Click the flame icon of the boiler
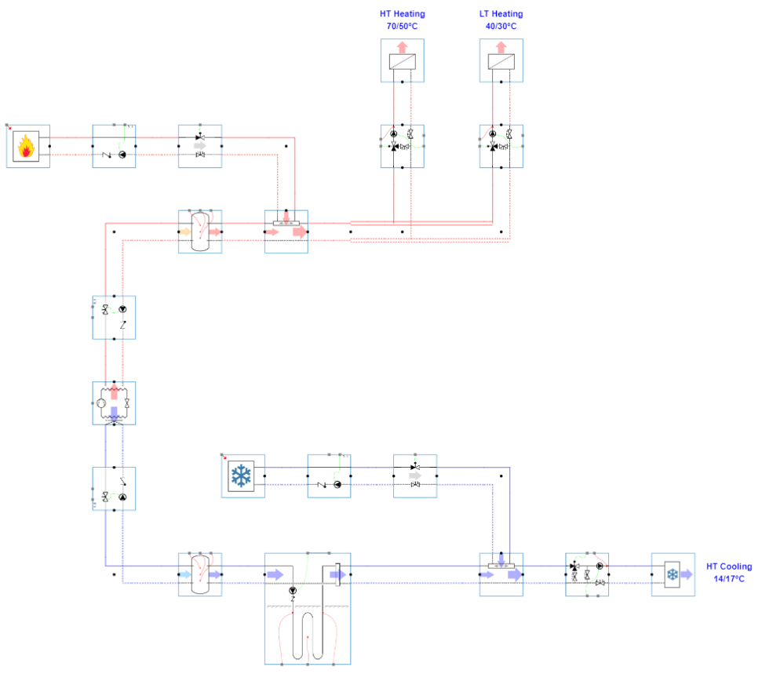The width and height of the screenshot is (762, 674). (x=27, y=146)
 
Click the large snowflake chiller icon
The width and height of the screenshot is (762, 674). (x=242, y=476)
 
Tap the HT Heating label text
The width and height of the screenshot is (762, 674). (x=402, y=14)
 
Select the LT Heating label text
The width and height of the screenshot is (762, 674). (x=501, y=14)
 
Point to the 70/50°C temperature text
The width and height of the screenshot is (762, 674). (x=402, y=26)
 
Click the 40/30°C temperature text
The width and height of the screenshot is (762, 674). (x=501, y=26)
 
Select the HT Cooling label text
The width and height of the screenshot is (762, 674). (x=728, y=567)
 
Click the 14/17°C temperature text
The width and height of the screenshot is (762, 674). (x=728, y=578)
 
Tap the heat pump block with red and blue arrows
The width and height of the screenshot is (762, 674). (x=114, y=403)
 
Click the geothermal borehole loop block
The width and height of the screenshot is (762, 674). (x=308, y=608)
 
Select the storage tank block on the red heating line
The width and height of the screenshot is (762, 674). (x=200, y=231)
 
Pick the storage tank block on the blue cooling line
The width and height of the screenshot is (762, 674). (x=200, y=574)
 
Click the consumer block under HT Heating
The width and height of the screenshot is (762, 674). (x=402, y=60)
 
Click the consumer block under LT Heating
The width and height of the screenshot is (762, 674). (x=501, y=60)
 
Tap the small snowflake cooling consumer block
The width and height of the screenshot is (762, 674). (x=673, y=574)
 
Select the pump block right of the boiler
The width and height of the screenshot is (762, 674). (x=114, y=146)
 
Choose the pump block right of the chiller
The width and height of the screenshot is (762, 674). (x=329, y=476)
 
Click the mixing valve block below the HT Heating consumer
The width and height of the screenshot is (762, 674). (x=402, y=146)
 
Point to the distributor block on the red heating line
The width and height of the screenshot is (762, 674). (x=286, y=231)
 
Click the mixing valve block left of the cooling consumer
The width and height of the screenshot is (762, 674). (x=587, y=574)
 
